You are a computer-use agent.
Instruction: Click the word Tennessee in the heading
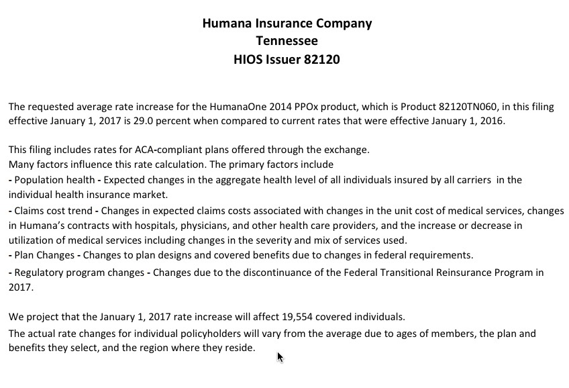287,41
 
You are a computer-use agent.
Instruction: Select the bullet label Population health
53,180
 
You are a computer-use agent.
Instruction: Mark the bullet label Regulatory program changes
78,273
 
